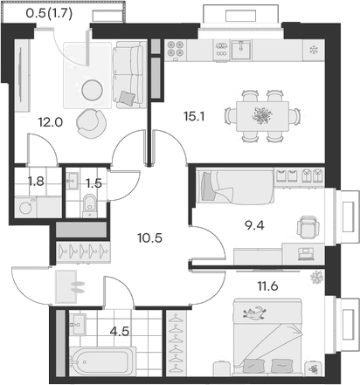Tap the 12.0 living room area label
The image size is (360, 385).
click(52, 123)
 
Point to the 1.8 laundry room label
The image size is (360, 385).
click(37, 182)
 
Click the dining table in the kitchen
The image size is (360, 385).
click(257, 113)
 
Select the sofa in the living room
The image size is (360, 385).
click(127, 73)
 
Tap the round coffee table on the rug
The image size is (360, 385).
click(93, 88)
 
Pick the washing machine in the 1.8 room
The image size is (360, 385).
click(27, 208)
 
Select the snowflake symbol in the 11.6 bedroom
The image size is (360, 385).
click(315, 278)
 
